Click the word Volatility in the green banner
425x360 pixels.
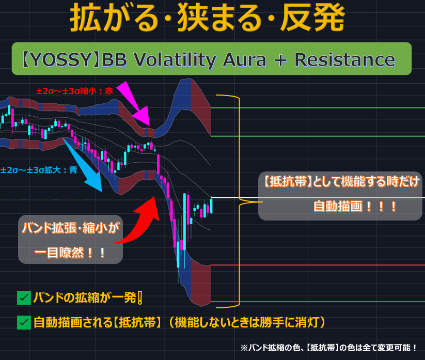coord(174,60)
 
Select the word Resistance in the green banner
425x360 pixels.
coord(345,59)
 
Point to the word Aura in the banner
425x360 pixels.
coord(244,60)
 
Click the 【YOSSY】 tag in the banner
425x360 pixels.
coord(60,60)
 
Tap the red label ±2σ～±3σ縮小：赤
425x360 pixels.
coord(74,91)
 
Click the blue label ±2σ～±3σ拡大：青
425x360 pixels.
coord(39,170)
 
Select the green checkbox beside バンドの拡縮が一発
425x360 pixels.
coord(24,298)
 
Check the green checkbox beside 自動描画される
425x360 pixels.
coord(24,322)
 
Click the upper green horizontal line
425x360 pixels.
coord(318,108)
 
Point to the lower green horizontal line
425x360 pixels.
coord(318,136)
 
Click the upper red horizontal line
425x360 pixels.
coord(318,265)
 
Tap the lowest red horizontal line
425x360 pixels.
coord(318,302)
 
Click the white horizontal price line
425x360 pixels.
coord(318,197)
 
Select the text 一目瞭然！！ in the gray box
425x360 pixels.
coord(70,253)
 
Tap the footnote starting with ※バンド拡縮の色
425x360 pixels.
coord(329,348)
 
